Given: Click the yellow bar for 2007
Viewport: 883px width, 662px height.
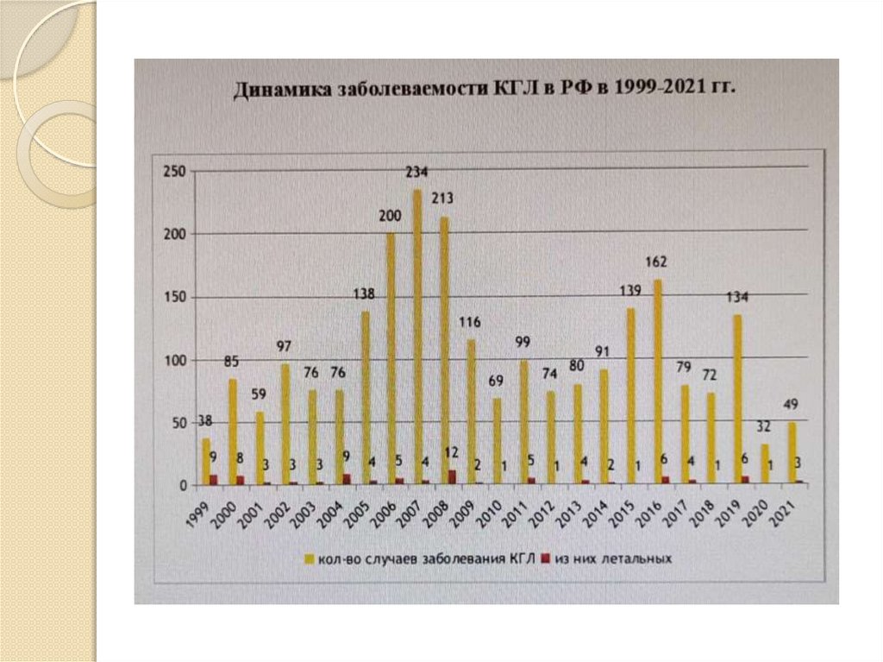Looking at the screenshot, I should pyautogui.click(x=417, y=337).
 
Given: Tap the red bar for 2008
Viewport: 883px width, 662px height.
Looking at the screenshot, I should pyautogui.click(x=452, y=476).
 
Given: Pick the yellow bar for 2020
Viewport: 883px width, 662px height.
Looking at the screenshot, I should pyautogui.click(x=764, y=464).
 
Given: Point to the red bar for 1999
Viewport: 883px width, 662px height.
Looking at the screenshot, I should pyautogui.click(x=213, y=479).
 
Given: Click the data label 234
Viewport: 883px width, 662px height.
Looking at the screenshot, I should pyautogui.click(x=417, y=173).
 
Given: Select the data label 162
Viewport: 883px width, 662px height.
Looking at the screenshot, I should pyautogui.click(x=657, y=262).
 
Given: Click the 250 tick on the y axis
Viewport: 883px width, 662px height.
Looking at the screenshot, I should pyautogui.click(x=175, y=172).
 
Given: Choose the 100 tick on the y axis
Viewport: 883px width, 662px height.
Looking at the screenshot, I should pyautogui.click(x=175, y=360).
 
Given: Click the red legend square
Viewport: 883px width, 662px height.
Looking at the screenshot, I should pyautogui.click(x=545, y=558).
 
